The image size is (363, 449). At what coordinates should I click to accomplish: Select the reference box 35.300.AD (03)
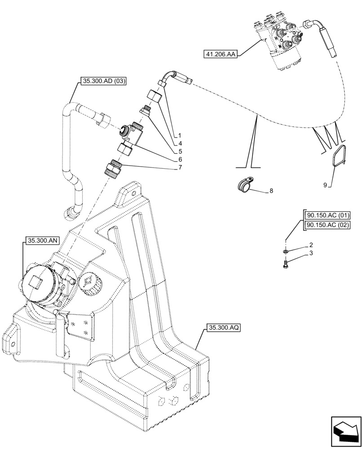[103, 81]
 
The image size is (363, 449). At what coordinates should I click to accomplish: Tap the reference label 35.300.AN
[40, 241]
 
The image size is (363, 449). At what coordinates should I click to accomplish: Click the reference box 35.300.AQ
[224, 328]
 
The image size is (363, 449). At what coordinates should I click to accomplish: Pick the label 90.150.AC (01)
[328, 215]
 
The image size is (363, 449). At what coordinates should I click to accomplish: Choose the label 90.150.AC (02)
[328, 225]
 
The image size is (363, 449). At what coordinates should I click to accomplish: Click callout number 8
[271, 191]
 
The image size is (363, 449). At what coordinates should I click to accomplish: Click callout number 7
[180, 167]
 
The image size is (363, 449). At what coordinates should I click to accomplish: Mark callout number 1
[180, 135]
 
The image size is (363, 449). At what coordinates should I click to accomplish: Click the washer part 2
[286, 251]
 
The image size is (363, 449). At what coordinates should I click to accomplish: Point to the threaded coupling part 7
[113, 169]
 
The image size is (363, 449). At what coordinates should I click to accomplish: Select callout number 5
[180, 151]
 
